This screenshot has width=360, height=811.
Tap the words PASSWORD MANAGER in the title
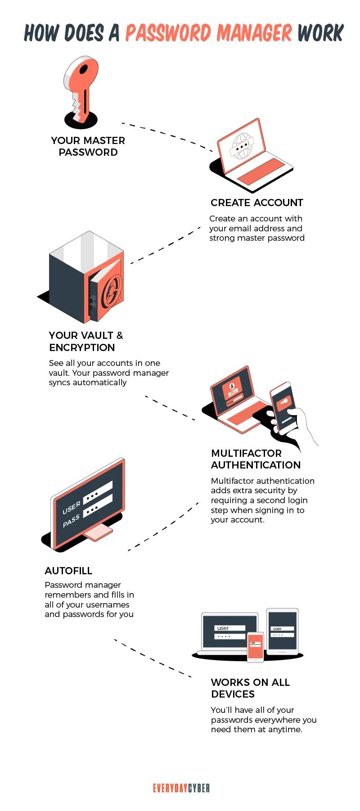[209, 33]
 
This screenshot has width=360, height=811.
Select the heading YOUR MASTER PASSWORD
[88, 146]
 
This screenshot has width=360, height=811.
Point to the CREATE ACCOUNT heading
[256, 203]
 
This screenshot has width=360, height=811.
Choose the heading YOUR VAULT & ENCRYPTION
[85, 341]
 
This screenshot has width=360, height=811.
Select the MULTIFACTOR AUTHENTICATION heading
[256, 459]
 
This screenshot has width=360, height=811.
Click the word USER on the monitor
[71, 508]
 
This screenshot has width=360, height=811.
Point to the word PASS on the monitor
[71, 521]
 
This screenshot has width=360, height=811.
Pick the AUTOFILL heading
[68, 571]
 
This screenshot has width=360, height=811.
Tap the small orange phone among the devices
[255, 647]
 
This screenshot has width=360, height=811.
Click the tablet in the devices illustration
[282, 631]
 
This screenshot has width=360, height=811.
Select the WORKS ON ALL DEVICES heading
[250, 688]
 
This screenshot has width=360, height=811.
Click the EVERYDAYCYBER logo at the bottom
[181, 788]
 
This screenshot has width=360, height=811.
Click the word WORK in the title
[320, 33]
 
